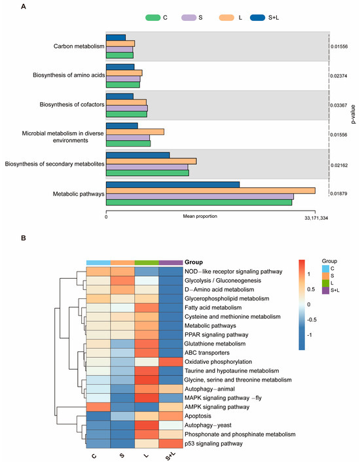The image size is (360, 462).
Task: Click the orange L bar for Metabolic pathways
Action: click(211, 190)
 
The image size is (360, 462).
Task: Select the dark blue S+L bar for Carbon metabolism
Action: click(116, 37)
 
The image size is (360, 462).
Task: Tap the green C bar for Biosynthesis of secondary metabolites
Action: click(147, 173)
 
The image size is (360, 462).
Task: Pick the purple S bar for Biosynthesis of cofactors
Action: click(127, 108)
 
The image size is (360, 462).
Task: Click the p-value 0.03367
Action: click(339, 105)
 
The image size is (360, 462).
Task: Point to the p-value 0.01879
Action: click(339, 194)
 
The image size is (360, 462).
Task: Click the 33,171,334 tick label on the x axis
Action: click(316, 218)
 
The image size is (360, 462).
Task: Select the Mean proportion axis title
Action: click(200, 216)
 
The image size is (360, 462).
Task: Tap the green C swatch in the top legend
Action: click(153, 18)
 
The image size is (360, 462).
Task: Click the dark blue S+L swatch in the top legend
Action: click(257, 18)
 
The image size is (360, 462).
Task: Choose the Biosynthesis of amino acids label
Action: click(69, 75)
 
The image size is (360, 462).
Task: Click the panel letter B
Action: click(24, 238)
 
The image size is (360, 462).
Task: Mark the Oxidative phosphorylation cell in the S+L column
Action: click(171, 361)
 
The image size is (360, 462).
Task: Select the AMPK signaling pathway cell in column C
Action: click(98, 407)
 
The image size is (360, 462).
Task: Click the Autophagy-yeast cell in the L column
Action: click(147, 425)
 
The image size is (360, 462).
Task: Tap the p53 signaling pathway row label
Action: click(213, 444)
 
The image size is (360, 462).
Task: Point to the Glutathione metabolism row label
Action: click(215, 344)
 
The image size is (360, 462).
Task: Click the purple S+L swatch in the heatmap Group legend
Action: click(325, 291)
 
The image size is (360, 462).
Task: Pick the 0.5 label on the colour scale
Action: click(311, 289)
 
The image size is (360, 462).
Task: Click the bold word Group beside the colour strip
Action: click(194, 262)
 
